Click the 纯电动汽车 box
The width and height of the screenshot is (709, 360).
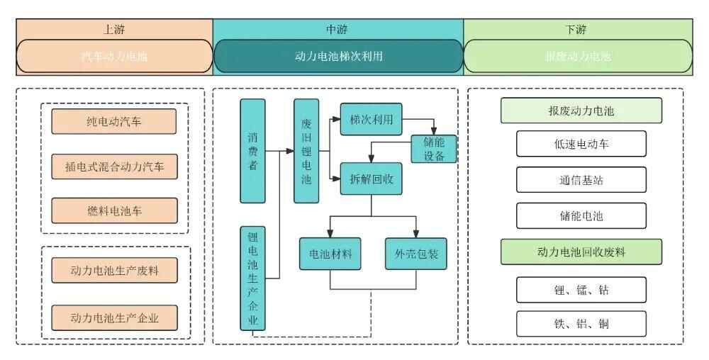point(113,121)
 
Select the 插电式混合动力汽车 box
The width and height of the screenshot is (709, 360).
point(113,166)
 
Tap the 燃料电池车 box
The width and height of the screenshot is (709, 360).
point(113,210)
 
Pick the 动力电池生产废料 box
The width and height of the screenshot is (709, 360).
point(113,272)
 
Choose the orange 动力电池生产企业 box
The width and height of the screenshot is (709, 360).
point(113,317)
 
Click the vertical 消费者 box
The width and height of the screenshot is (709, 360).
point(252,151)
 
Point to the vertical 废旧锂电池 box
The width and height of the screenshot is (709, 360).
point(306,151)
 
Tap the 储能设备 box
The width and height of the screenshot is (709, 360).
point(434,149)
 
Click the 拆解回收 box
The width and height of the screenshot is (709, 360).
point(371,179)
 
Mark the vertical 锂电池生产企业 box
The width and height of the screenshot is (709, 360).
point(252,279)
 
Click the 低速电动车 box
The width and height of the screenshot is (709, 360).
point(581,144)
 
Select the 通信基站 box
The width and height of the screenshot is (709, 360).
point(581,179)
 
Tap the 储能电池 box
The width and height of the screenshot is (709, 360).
point(581,215)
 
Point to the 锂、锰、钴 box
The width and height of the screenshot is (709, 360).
point(581,289)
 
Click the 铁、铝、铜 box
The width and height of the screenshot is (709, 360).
point(581,324)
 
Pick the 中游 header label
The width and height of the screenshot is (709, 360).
point(337,30)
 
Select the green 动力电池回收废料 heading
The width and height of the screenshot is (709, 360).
point(581,252)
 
